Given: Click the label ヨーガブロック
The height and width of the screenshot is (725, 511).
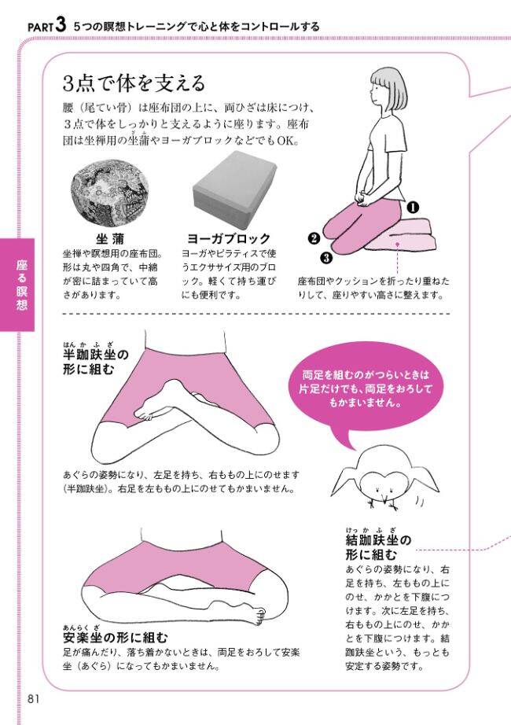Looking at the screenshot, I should (x=228, y=238).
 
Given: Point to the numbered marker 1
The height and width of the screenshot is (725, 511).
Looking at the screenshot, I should (x=412, y=208).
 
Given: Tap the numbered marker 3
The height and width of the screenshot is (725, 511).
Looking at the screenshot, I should (x=326, y=256).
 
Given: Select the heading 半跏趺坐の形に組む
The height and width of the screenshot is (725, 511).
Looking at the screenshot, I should (x=96, y=362).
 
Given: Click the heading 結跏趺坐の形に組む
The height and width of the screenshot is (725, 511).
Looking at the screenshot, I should (x=378, y=547).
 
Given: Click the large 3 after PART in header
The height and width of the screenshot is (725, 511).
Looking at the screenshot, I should (x=60, y=25).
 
